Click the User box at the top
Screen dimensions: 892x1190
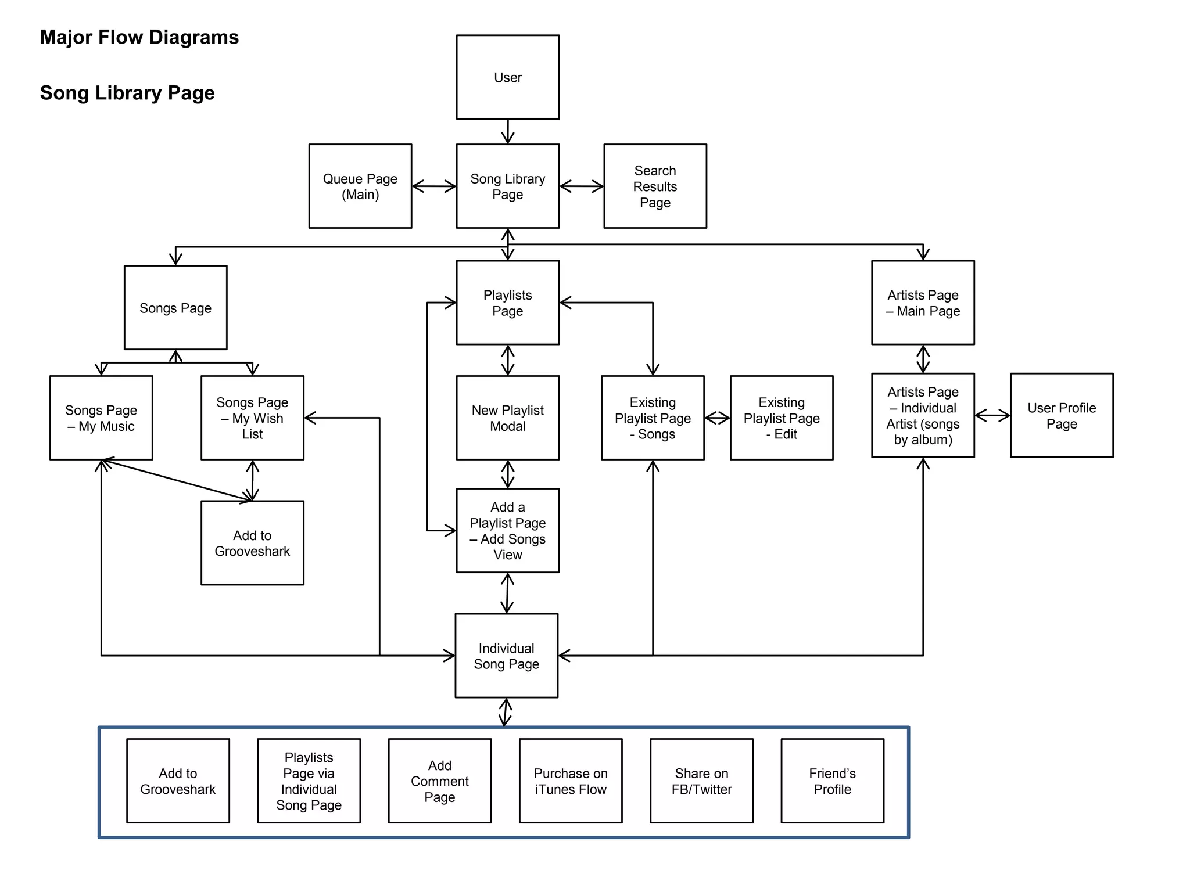507,77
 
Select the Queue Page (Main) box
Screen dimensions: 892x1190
360,186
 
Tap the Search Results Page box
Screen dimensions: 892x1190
655,186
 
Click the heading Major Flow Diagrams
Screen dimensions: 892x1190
139,37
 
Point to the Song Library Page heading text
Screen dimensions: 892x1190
127,93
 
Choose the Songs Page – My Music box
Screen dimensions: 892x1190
101,418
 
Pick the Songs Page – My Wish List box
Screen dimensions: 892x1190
252,418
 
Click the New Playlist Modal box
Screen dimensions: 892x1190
507,418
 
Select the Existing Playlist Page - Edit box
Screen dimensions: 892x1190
781,418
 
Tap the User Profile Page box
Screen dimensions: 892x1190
1061,416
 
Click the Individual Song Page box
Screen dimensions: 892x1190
506,656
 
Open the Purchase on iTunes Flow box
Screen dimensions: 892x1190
570,781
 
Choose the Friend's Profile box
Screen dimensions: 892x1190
832,781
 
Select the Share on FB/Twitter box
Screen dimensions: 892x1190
701,781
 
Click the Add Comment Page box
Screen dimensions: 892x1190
439,781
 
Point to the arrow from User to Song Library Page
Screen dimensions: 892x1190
507,132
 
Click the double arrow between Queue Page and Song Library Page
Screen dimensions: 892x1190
434,186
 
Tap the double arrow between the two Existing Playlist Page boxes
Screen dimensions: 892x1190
717,418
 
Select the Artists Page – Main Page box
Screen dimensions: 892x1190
923,303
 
